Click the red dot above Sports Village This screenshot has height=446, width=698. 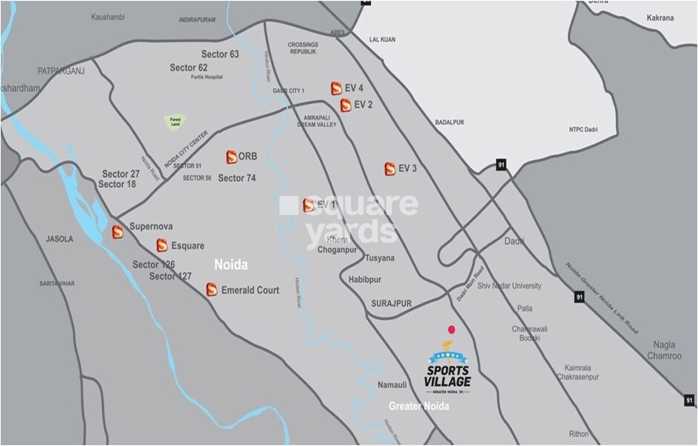tap(450, 329)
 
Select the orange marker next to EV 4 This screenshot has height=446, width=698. tap(336, 88)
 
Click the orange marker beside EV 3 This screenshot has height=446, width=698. tap(390, 169)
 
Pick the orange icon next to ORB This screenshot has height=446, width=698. tap(231, 157)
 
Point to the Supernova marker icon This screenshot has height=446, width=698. tap(117, 232)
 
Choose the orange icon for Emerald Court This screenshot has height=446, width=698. tap(211, 290)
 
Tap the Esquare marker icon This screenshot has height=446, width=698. tap(161, 245)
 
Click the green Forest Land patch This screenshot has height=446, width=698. tap(175, 122)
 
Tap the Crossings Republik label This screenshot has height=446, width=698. tap(303, 49)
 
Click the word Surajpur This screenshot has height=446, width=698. tap(391, 303)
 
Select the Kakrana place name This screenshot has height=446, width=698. tap(660, 17)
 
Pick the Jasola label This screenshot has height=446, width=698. tap(60, 239)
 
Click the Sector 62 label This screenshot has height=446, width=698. tap(188, 68)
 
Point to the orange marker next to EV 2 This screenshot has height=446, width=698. tap(346, 106)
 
